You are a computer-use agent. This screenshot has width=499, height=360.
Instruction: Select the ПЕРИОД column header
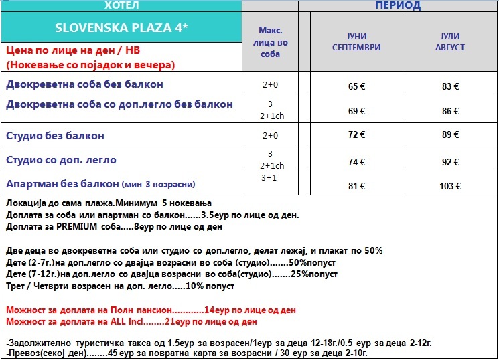(397, 6)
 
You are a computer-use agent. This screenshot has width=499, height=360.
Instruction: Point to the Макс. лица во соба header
(270, 42)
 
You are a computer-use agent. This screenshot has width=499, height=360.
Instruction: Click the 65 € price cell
(357, 86)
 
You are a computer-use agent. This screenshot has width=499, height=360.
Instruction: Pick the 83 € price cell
(449, 86)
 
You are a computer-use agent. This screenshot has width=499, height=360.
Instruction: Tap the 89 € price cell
(449, 135)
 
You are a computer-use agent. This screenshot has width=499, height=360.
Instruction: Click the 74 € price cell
(357, 161)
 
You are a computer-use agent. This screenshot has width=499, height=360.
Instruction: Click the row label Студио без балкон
(55, 136)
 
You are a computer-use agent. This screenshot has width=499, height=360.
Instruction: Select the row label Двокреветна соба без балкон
(84, 84)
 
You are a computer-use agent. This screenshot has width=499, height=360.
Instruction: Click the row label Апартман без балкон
(62, 183)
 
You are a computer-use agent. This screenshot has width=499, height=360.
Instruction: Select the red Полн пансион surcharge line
(150, 310)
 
